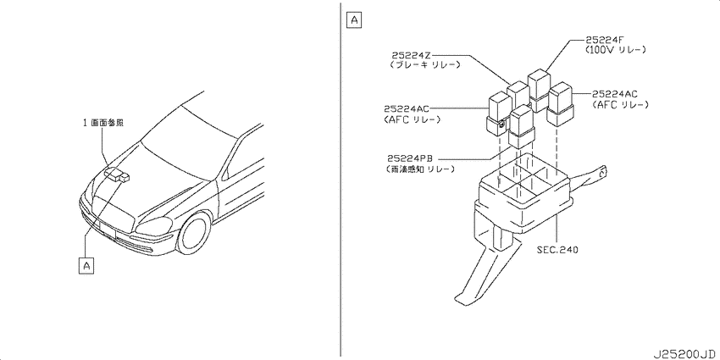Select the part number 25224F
pos(604,40)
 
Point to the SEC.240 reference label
pos(557,250)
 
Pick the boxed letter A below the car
pos(86,265)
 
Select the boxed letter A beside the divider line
pos(354,19)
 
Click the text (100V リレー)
pos(616,50)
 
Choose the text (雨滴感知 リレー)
pos(418,169)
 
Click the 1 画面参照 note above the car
pos(103,123)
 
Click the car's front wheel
pos(194,234)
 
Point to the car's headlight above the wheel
pos(154,227)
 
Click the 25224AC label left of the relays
pos(407,108)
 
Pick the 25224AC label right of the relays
pos(614,94)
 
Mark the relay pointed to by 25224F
pos(539,91)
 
